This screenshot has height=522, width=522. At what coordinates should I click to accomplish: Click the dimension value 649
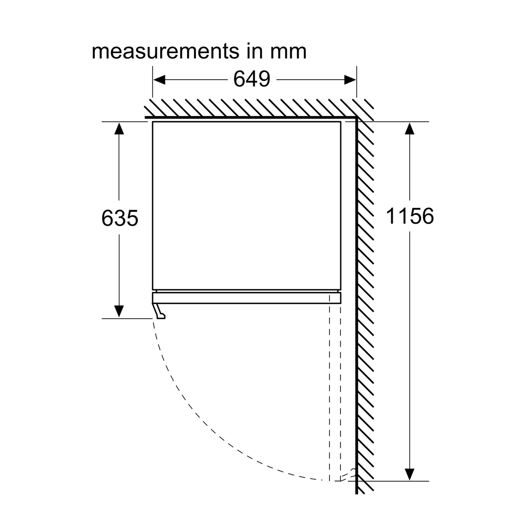[x=252, y=79]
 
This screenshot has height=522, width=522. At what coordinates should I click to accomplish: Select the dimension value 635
[x=120, y=218]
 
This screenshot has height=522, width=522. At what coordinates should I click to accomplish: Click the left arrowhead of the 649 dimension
[x=159, y=80]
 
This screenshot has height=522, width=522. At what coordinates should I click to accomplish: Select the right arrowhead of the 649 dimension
[x=350, y=80]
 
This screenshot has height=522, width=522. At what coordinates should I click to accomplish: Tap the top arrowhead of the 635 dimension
[x=119, y=128]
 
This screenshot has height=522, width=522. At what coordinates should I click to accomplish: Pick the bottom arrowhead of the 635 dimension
[x=119, y=311]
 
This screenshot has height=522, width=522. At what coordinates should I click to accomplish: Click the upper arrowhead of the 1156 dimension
[x=410, y=128]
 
